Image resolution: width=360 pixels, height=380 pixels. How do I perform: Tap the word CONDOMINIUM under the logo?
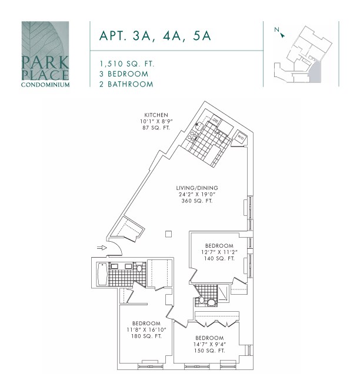(45, 84)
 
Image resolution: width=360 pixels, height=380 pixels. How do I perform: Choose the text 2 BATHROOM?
(126, 84)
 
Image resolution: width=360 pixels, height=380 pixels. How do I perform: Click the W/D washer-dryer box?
(242, 137)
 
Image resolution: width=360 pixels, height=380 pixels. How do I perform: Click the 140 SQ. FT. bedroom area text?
(219, 258)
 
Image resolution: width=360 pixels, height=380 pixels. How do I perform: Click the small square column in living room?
(169, 234)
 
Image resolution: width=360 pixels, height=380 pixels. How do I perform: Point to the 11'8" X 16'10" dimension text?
(146, 330)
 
